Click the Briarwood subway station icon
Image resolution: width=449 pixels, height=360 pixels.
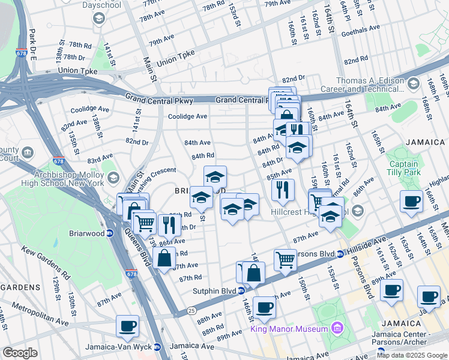tap(110, 233)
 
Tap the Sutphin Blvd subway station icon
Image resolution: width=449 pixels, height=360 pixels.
tap(241, 291)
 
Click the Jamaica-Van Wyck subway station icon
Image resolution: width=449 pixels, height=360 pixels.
tap(157, 346)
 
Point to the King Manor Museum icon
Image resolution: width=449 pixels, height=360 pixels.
tap(336, 328)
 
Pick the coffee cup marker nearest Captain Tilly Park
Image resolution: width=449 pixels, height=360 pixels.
tap(411, 202)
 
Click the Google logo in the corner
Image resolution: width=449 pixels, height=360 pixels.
tap(20, 353)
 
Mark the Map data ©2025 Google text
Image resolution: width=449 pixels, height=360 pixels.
tap(411, 355)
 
